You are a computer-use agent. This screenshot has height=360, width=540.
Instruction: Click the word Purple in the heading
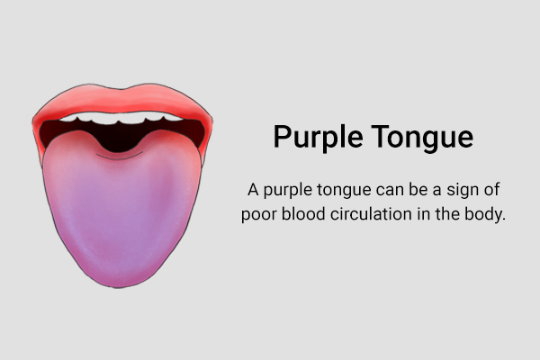(x=319, y=137)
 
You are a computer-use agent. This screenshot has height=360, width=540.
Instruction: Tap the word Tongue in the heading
(x=422, y=137)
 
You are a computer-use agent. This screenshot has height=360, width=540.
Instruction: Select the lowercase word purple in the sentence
(x=288, y=191)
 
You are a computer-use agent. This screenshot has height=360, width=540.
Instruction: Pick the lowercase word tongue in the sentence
(x=344, y=191)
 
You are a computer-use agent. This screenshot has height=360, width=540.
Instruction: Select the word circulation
(x=371, y=213)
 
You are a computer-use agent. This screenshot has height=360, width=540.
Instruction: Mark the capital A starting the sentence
(x=253, y=190)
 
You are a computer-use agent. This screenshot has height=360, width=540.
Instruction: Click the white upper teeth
(x=121, y=118)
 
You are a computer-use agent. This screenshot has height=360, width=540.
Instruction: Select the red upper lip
(x=122, y=101)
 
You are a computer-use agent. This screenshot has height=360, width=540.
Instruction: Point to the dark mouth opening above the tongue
(x=121, y=137)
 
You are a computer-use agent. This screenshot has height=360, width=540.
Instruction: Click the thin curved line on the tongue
(x=120, y=157)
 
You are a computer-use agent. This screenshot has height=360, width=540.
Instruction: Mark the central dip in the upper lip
(x=121, y=89)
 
